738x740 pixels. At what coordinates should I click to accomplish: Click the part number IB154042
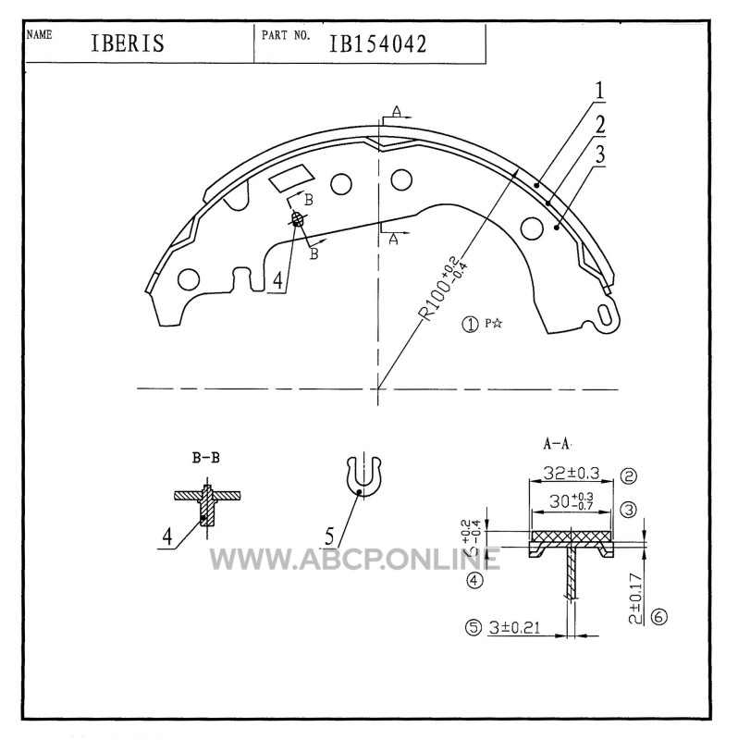point(377,43)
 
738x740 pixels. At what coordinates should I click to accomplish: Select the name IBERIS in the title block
point(128,43)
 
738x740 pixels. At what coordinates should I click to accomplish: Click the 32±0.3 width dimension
point(571,473)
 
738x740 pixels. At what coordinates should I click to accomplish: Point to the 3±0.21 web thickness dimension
point(514,628)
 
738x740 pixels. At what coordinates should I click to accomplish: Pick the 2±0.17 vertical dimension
point(636,598)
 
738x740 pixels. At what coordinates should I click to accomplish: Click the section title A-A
point(557,444)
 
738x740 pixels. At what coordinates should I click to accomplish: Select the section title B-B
point(205,457)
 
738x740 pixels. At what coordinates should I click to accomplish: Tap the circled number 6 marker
point(658,617)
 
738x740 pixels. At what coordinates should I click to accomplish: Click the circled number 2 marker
point(629,475)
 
